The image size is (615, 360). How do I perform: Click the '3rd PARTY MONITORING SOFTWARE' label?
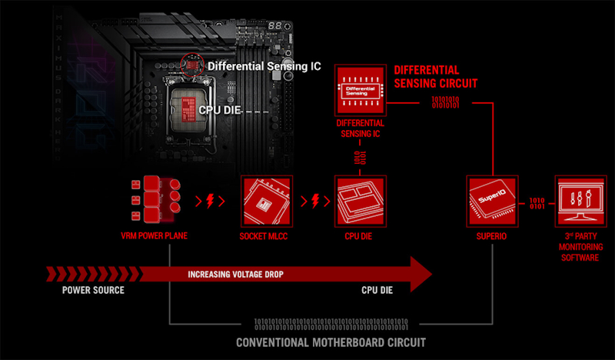click(x=581, y=247)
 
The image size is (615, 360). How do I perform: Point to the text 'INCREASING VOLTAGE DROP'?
click(x=235, y=274)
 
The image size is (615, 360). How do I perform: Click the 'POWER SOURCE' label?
click(x=93, y=291)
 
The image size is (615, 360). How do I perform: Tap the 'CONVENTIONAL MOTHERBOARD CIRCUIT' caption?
click(x=331, y=342)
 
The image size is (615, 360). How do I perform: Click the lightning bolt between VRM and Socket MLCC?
click(x=209, y=202)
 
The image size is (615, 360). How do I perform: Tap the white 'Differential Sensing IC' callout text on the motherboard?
click(x=264, y=66)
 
